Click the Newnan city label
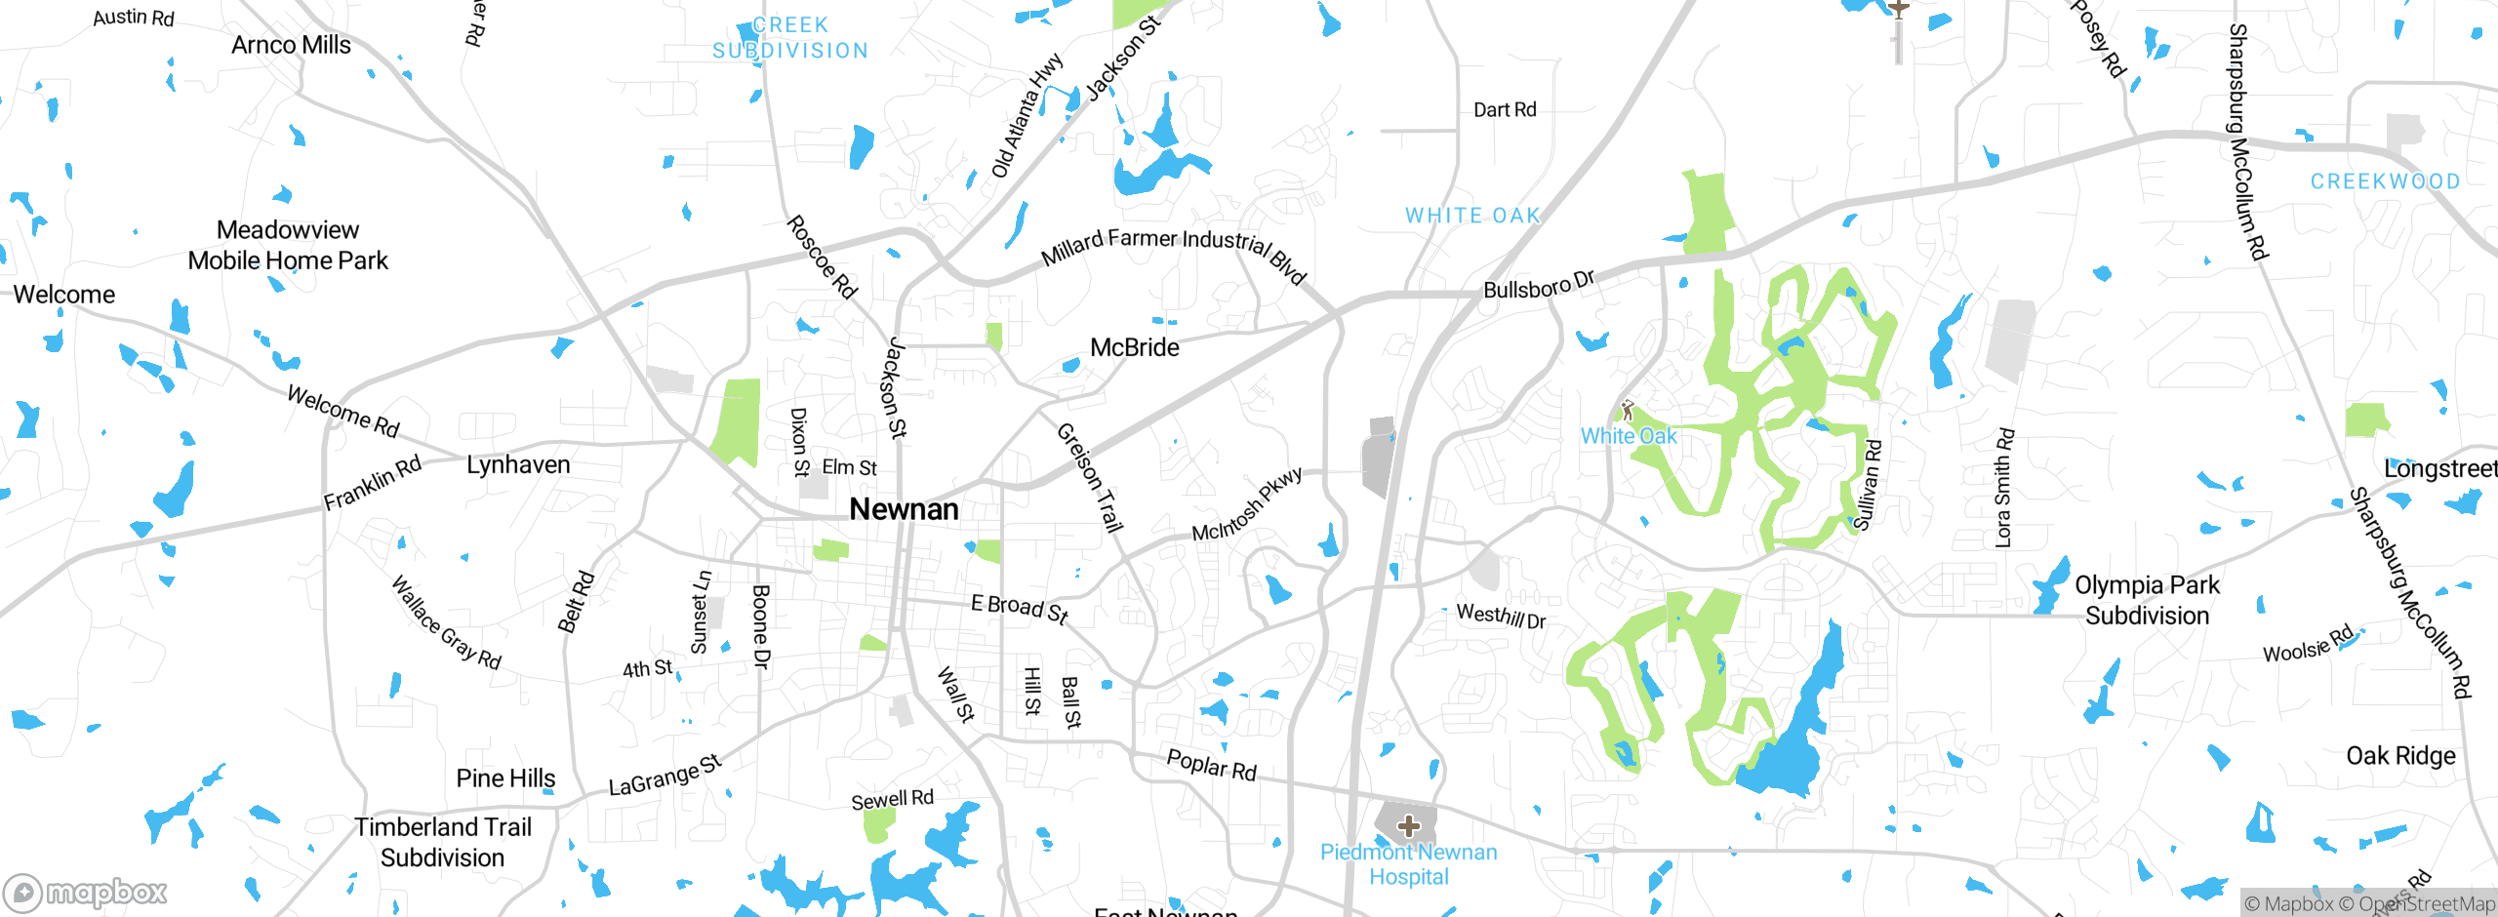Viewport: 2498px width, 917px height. click(x=904, y=509)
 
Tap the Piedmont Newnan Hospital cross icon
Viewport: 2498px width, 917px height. click(x=1408, y=826)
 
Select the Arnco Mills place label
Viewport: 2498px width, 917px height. click(x=291, y=45)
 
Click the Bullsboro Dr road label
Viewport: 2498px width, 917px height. click(x=1539, y=285)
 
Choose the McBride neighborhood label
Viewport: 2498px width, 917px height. click(x=1134, y=347)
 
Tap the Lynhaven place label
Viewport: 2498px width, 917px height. click(x=518, y=464)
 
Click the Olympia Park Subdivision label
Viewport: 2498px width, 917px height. click(x=2147, y=600)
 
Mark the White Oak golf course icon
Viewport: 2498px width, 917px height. click(x=1627, y=410)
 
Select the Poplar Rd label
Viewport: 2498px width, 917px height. click(x=1211, y=765)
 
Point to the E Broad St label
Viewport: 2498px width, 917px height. click(x=1019, y=608)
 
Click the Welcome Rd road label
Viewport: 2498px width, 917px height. click(x=343, y=411)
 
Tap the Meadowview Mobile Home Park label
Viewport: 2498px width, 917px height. click(x=288, y=245)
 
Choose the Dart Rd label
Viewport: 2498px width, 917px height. click(x=1504, y=110)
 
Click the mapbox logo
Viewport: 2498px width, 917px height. click(x=86, y=892)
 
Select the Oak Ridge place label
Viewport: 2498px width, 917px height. click(x=2400, y=756)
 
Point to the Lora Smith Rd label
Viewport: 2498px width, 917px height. click(x=2003, y=488)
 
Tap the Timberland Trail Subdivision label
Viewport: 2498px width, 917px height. click(x=443, y=842)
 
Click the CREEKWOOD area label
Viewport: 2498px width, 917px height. click(x=2385, y=181)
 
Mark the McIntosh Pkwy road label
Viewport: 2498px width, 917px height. click(x=1247, y=504)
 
